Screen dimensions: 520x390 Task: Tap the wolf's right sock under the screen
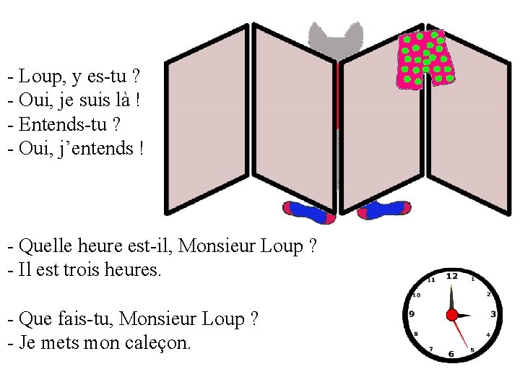[x=384, y=210]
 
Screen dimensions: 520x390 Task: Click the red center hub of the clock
[x=452, y=315]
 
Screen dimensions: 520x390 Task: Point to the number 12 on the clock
[x=452, y=276]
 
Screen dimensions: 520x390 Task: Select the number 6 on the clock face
[x=451, y=354]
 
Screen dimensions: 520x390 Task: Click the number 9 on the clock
[x=412, y=314]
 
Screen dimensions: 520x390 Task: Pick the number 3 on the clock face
[x=493, y=314]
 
